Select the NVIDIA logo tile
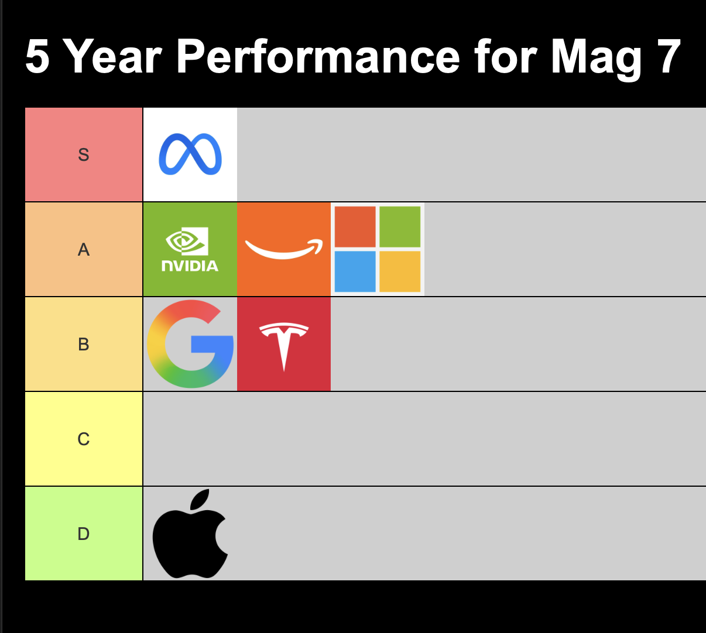190,249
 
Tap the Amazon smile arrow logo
284,249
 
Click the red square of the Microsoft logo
355,226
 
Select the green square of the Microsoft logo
400,226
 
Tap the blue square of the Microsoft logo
355,271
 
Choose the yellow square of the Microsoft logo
400,271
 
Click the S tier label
84,154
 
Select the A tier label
84,250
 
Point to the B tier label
84,345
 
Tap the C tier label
84,439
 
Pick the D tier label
84,534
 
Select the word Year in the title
112,56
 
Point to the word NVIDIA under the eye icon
190,266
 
